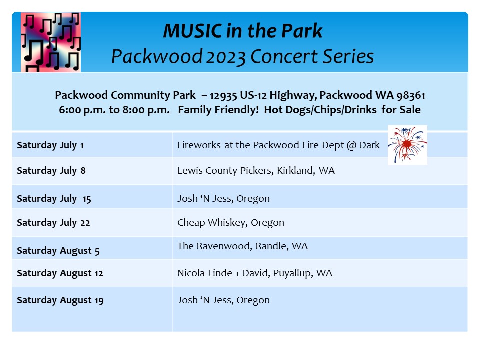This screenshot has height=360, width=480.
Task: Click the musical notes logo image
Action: pyautogui.click(x=51, y=42)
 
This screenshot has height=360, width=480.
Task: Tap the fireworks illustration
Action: pyautogui.click(x=407, y=145)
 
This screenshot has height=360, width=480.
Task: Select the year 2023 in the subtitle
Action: pyautogui.click(x=226, y=57)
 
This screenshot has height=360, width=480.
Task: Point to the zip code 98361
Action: pyautogui.click(x=411, y=95)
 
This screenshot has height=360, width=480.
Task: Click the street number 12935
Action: pyautogui.click(x=223, y=95)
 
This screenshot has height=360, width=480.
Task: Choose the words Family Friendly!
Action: pyautogui.click(x=218, y=110)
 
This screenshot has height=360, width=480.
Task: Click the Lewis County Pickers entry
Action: pyautogui.click(x=256, y=171)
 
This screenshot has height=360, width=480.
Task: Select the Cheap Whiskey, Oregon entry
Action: pyautogui.click(x=231, y=223)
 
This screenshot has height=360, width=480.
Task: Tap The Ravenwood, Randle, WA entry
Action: pyautogui.click(x=243, y=246)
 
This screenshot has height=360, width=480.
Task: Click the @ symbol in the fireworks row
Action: pyautogui.click(x=351, y=145)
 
